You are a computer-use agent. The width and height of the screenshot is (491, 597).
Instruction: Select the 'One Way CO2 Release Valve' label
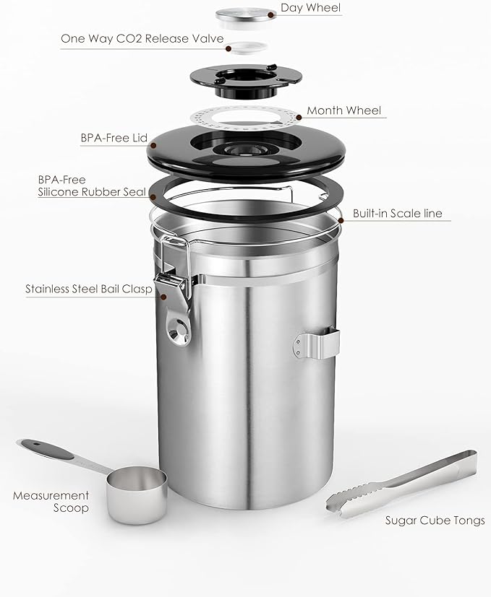pyautogui.click(x=142, y=38)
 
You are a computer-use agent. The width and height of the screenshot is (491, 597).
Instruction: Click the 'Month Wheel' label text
pyautogui.click(x=343, y=110)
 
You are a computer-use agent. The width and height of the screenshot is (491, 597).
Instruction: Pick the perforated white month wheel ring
pyautogui.click(x=246, y=116)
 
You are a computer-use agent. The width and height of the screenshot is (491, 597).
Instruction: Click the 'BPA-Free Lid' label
pyautogui.click(x=114, y=136)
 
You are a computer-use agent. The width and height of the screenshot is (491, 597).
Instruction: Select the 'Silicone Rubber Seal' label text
pyautogui.click(x=88, y=192)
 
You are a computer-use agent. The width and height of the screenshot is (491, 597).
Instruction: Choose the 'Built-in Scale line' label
pyautogui.click(x=397, y=214)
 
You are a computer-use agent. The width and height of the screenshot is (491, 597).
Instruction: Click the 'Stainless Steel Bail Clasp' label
pyautogui.click(x=88, y=289)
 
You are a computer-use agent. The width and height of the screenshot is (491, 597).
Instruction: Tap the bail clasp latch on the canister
pyautogui.click(x=171, y=285)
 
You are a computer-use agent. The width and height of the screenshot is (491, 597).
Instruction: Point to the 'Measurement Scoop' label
pyautogui.click(x=51, y=502)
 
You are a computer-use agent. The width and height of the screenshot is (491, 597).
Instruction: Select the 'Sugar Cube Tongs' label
pyautogui.click(x=434, y=520)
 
